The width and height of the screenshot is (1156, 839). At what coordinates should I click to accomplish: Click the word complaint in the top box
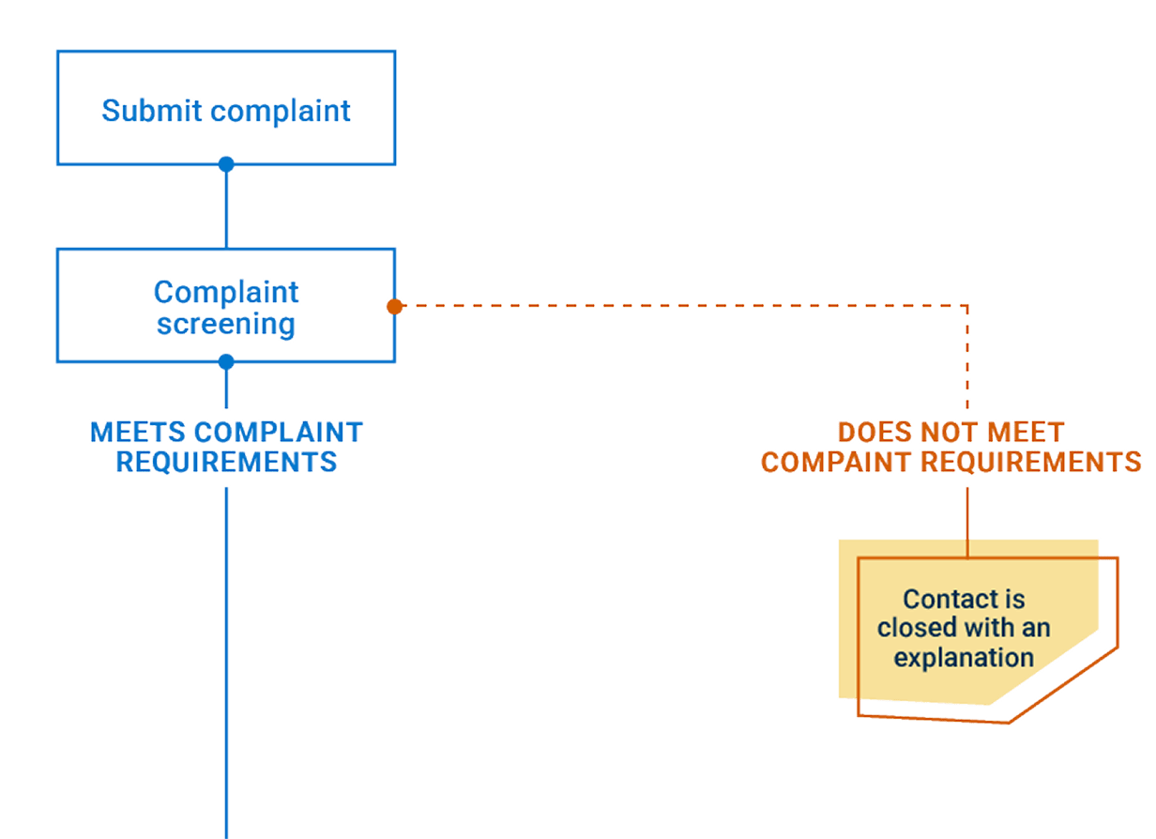[x=281, y=112]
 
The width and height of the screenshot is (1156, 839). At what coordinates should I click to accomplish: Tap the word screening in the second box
[x=226, y=325]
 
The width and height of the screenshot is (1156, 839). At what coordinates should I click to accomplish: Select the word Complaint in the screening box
[x=226, y=293]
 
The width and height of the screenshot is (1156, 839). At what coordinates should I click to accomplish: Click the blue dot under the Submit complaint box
[x=226, y=165]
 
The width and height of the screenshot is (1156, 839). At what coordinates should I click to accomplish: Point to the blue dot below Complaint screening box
[x=226, y=361]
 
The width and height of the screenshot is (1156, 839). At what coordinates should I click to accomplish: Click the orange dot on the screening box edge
[x=395, y=306]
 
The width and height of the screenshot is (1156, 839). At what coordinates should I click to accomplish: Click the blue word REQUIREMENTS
[x=226, y=462]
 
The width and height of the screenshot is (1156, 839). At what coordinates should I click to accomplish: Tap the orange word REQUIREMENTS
[x=1030, y=462]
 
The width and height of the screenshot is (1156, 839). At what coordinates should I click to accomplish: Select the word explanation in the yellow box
[x=964, y=657]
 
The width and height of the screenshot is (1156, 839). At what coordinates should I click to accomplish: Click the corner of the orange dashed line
[x=967, y=306]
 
